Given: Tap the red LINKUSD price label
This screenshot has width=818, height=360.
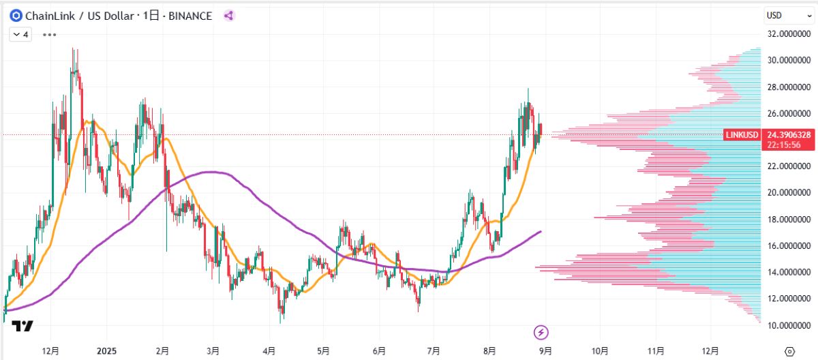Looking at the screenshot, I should (x=741, y=135).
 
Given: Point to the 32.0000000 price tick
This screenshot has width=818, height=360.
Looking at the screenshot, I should (x=789, y=33).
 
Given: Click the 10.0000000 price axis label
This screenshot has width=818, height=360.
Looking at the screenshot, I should (x=789, y=325).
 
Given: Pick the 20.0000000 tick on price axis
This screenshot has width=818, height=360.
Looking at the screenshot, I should (x=789, y=192).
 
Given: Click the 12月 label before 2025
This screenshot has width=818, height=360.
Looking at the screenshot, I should (x=50, y=350).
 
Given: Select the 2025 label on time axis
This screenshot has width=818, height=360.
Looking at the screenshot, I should (x=107, y=350).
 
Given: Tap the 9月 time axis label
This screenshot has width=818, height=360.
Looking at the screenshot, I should (x=545, y=350).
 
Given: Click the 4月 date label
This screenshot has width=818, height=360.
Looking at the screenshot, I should (x=269, y=350).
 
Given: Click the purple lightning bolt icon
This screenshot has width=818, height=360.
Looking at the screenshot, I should (x=541, y=333).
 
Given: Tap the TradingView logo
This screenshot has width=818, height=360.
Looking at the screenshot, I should (x=22, y=327).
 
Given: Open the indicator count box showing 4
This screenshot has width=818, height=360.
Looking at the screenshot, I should (x=20, y=33).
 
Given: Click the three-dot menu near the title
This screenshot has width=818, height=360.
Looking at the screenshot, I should (x=50, y=33).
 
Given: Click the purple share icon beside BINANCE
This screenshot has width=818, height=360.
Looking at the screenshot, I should (x=229, y=16).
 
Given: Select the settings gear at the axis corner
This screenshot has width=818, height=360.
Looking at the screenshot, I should (x=789, y=350).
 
